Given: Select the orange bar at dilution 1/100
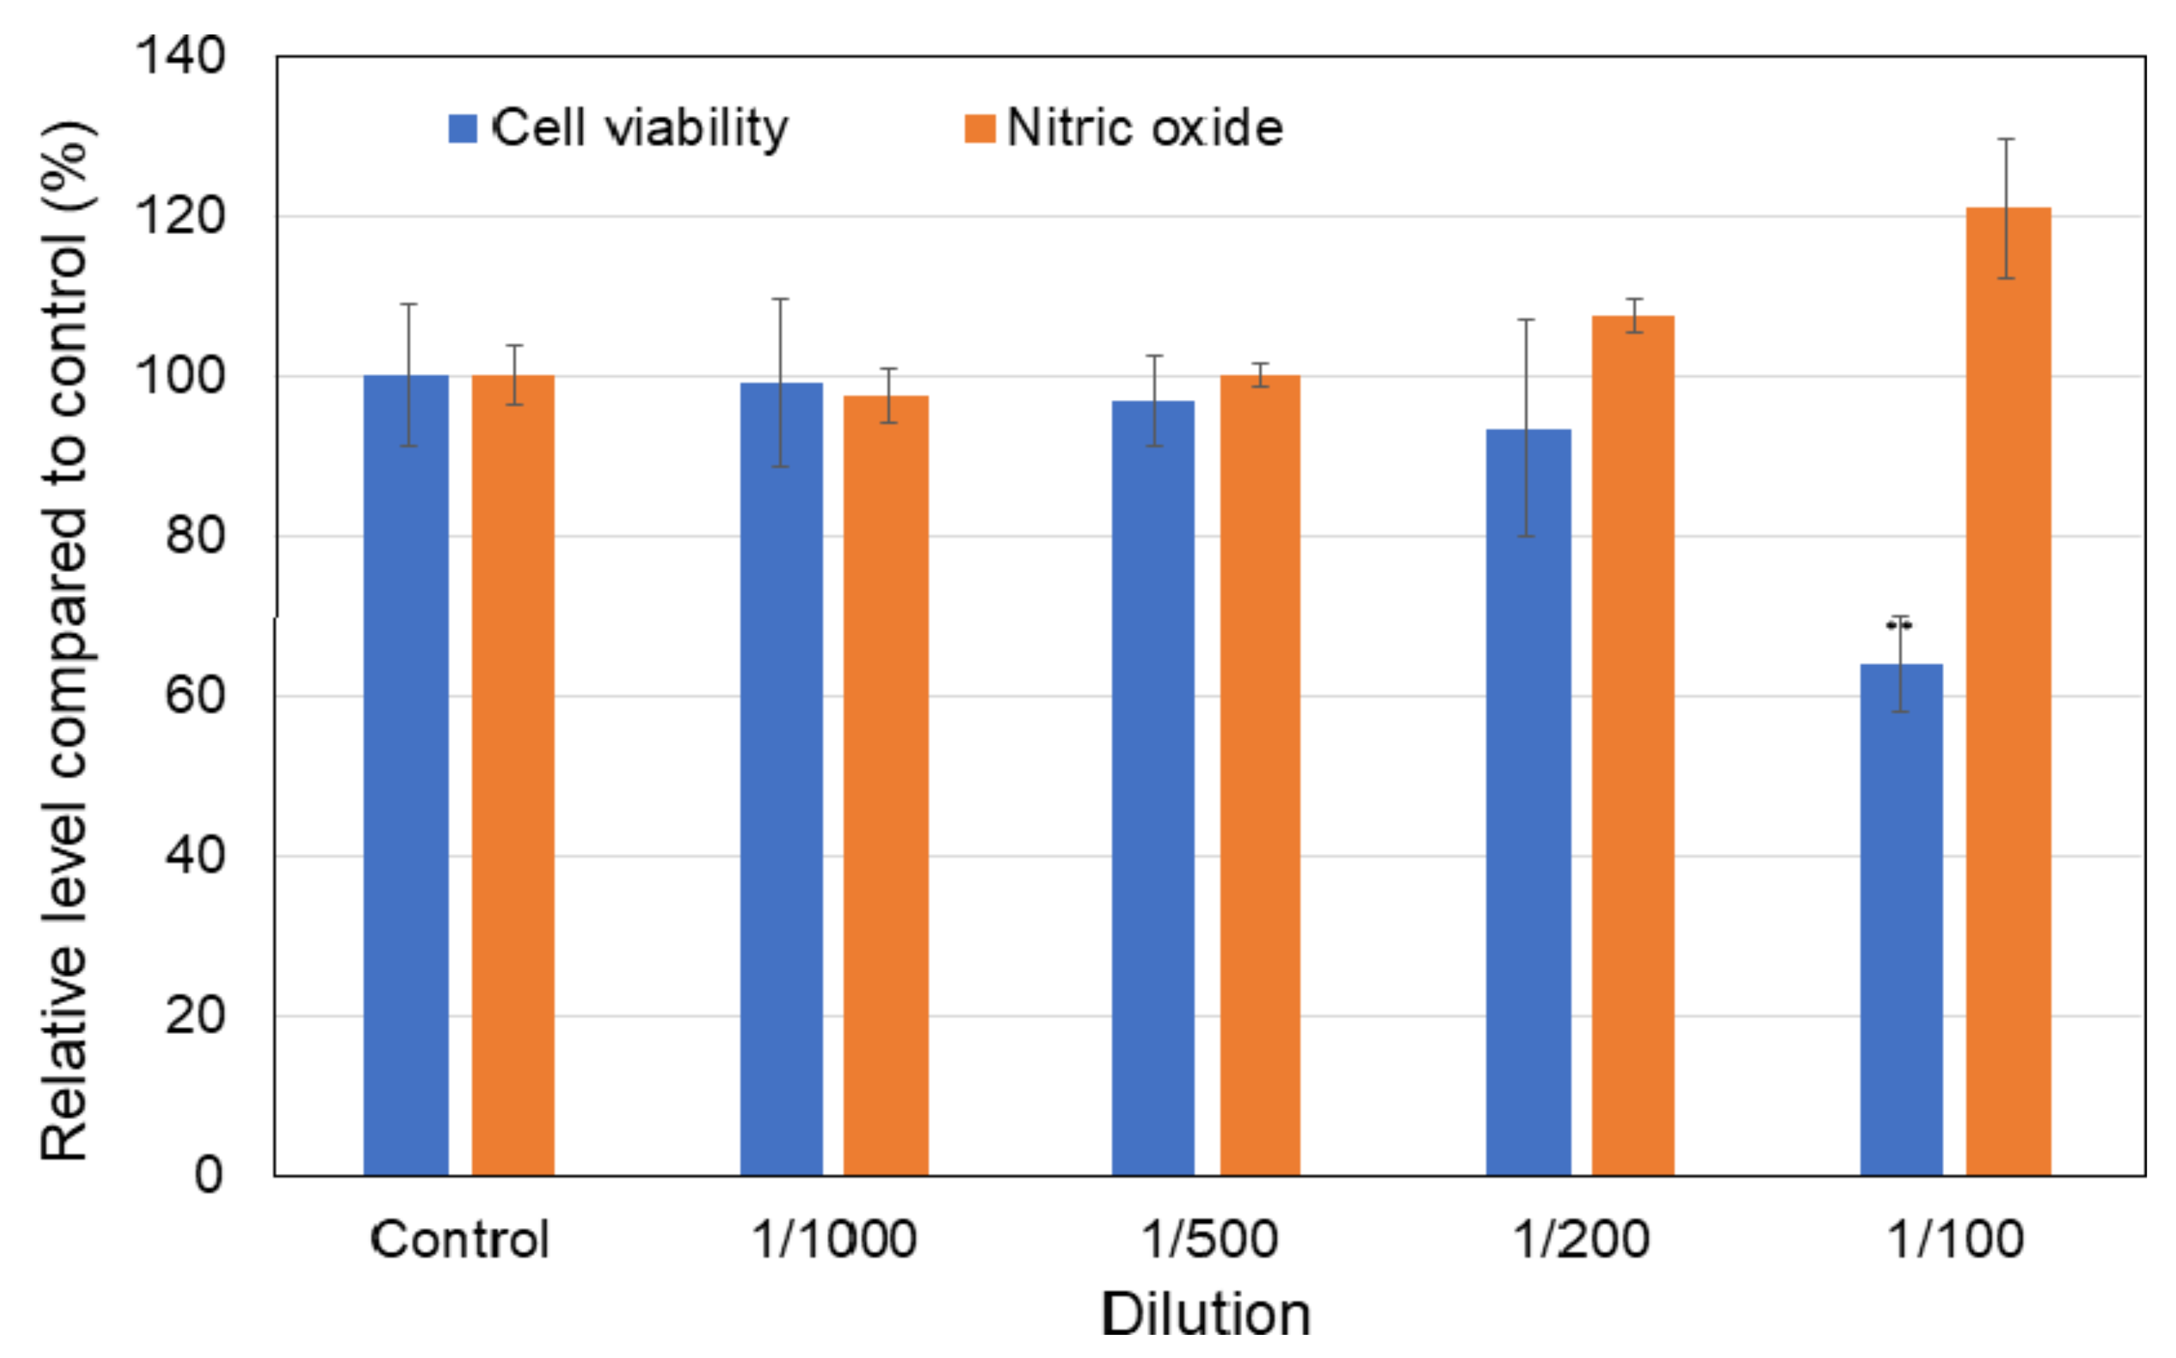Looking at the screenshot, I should (x=2008, y=692).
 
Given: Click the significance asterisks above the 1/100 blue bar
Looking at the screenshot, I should (x=1899, y=625).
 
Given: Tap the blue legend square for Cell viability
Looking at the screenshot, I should (x=462, y=129).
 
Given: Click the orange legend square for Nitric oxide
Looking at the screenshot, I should (x=980, y=129).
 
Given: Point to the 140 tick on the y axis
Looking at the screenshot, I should (x=180, y=56).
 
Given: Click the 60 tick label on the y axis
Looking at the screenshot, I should (x=194, y=695).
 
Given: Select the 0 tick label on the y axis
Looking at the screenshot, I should (x=208, y=1174).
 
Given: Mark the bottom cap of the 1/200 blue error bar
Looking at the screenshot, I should (x=1526, y=536).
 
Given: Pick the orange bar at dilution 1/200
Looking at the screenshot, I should (x=1633, y=746).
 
